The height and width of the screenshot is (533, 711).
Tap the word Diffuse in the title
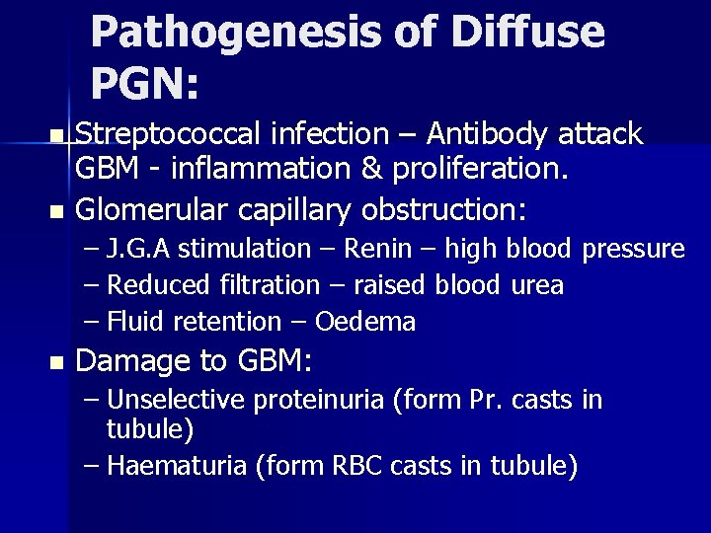(x=527, y=32)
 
